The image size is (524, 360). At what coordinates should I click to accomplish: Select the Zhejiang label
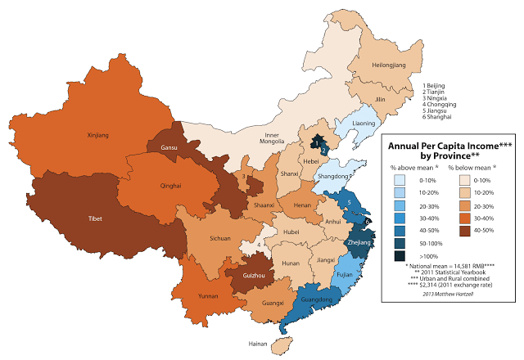360,243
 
